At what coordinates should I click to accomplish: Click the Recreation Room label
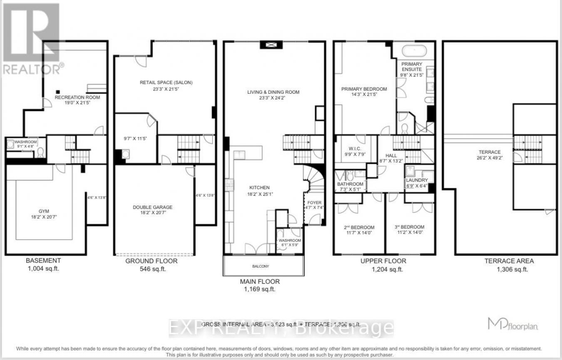coord(77,97)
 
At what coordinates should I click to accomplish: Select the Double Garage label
coord(152,207)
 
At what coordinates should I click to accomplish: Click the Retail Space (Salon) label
coord(166,82)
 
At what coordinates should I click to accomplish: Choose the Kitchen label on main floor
coord(260,187)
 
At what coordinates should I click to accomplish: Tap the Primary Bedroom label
coord(364,89)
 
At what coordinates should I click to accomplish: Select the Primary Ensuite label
coord(412,67)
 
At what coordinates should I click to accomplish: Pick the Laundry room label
coord(417,180)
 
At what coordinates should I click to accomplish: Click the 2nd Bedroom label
coord(359,227)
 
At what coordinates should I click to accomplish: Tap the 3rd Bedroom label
coord(409,227)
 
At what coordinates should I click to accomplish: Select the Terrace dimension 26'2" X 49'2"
coord(490,158)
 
